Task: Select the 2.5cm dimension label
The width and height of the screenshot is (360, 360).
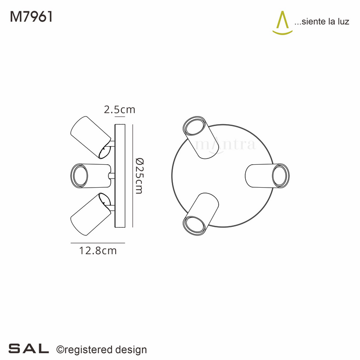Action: pyautogui.click(x=119, y=109)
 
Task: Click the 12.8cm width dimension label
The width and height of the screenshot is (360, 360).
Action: pyautogui.click(x=98, y=251)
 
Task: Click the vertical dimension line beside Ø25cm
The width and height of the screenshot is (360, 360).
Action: pyautogui.click(x=133, y=175)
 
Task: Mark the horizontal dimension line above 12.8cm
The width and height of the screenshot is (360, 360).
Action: pyautogui.click(x=98, y=243)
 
